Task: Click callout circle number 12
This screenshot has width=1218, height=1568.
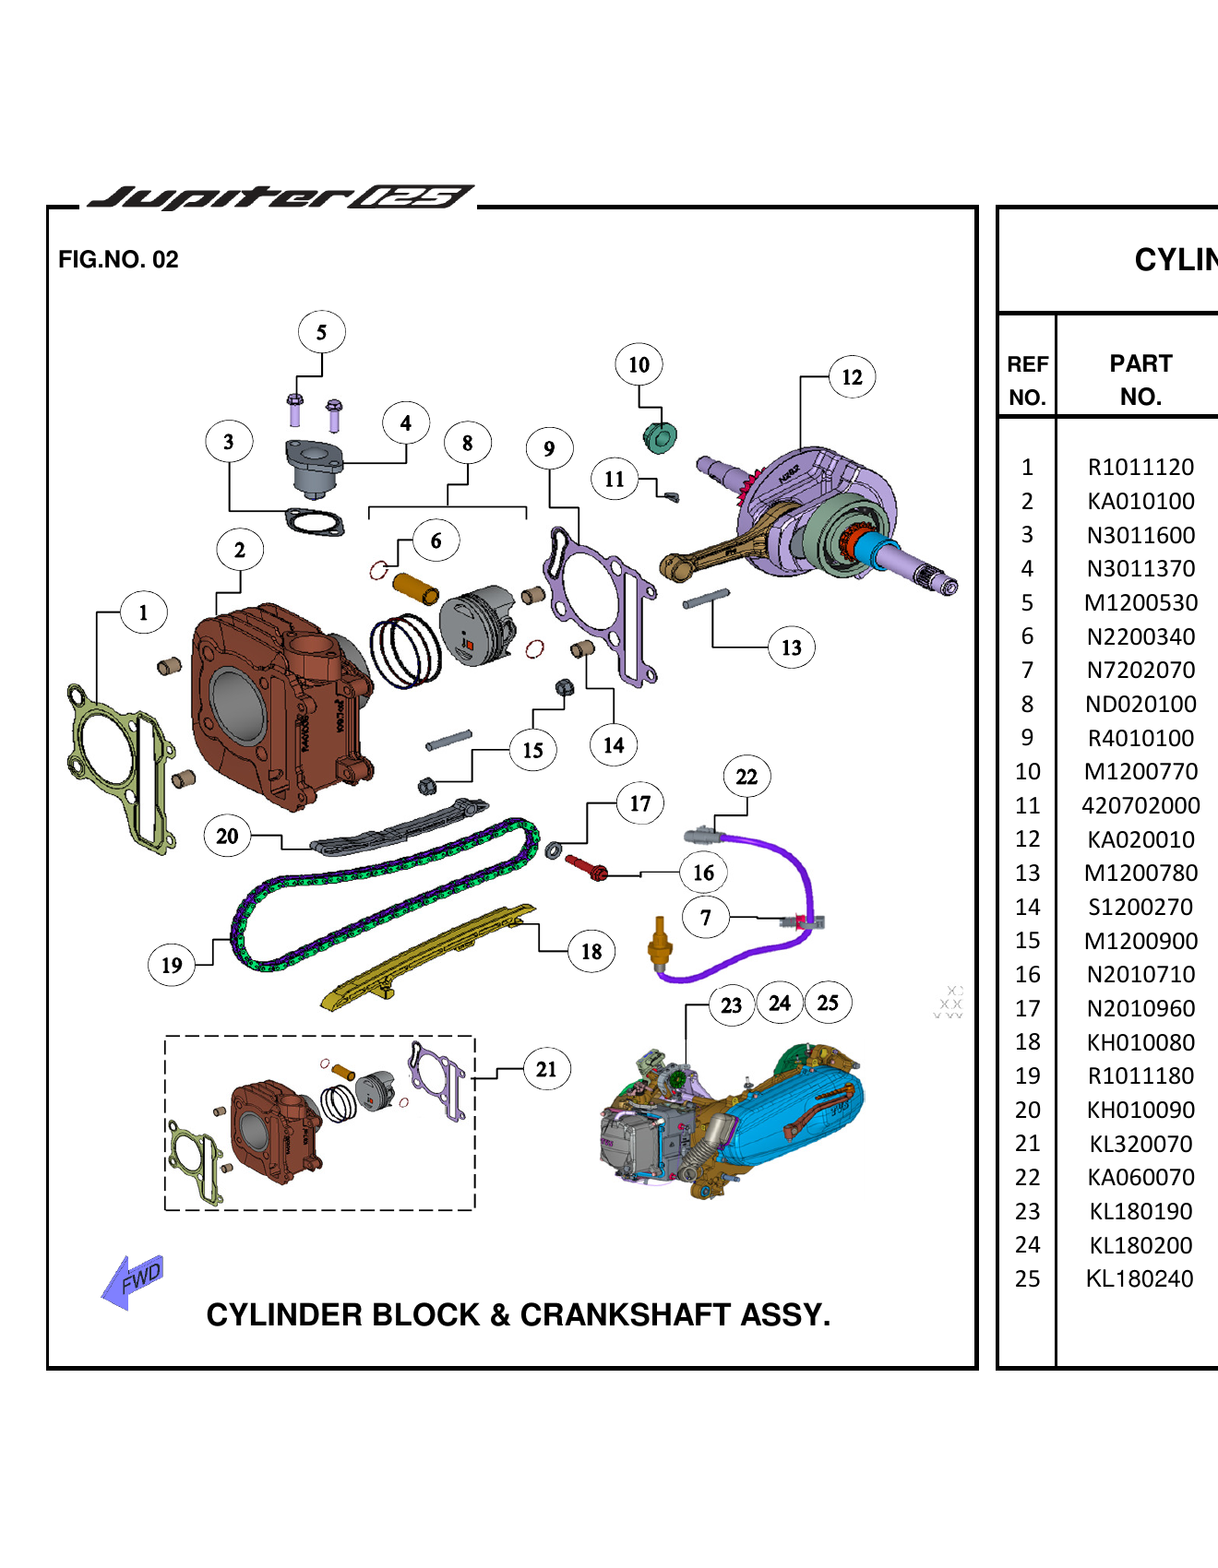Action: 852,376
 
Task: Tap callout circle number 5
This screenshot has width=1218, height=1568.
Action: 321,332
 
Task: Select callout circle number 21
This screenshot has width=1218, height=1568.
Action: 546,1069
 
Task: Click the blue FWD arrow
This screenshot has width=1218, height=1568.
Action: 132,1280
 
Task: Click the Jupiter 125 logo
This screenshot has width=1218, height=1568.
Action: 281,196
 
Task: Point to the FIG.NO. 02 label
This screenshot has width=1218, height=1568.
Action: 118,259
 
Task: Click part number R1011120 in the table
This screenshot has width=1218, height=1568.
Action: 1140,467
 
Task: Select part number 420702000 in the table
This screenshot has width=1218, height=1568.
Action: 1140,805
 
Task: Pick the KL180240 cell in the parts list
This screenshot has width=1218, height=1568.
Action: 1140,1278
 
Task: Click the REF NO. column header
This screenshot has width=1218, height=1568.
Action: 1027,380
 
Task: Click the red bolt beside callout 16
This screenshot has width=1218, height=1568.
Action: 586,867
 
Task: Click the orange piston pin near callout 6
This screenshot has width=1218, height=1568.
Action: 415,588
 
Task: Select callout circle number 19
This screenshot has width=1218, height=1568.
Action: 172,965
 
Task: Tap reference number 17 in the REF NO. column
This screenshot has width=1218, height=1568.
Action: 1027,1008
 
